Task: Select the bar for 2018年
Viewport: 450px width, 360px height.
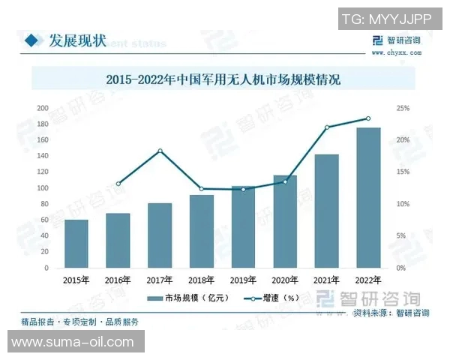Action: click(202, 232)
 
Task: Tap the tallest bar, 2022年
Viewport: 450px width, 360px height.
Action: click(367, 198)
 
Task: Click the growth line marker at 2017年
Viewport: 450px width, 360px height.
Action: click(160, 151)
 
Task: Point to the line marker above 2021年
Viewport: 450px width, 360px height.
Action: click(327, 127)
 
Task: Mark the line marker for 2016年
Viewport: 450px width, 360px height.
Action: click(118, 184)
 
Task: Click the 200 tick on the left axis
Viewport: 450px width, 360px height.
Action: click(43, 109)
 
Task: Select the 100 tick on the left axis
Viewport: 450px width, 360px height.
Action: click(43, 188)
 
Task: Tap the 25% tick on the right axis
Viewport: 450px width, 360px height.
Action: click(403, 109)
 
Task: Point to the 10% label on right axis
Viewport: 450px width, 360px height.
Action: click(403, 204)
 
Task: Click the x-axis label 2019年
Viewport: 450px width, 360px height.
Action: click(243, 280)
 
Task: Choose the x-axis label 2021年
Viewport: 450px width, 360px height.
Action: click(326, 280)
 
